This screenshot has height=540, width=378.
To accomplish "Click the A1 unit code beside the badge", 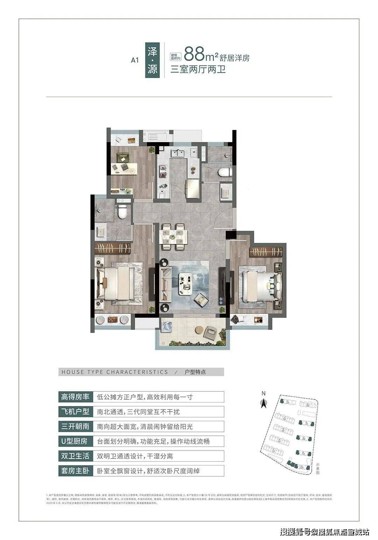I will (135, 60).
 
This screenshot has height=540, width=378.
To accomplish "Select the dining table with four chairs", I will (173, 237).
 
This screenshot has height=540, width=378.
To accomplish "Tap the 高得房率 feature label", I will (76, 397).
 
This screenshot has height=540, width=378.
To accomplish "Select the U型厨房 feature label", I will (76, 441).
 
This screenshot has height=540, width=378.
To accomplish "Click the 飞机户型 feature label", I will (76, 412).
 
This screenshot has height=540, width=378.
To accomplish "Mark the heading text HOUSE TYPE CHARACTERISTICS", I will (115, 372).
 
